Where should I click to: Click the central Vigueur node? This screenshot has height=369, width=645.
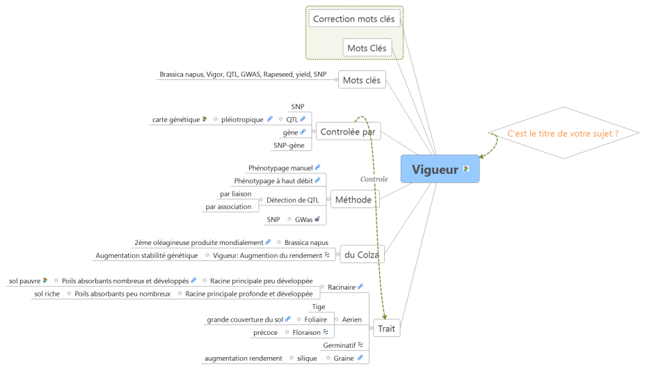click(x=435, y=169)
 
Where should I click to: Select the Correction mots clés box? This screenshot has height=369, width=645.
click(x=354, y=19)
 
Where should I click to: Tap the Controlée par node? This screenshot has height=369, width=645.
click(x=348, y=131)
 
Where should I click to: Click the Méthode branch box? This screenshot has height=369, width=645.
click(x=353, y=200)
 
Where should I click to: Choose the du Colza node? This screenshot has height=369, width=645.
click(x=361, y=255)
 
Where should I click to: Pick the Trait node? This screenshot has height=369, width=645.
click(x=387, y=328)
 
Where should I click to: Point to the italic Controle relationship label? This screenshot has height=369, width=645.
click(x=374, y=179)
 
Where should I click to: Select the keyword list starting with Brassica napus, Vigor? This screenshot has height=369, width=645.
click(x=243, y=74)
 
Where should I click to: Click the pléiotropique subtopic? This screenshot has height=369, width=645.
click(x=243, y=120)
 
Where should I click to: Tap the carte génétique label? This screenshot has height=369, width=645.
click(x=176, y=120)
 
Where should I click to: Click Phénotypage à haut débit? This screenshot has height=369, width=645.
click(x=273, y=180)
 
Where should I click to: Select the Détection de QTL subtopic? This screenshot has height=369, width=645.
click(x=292, y=200)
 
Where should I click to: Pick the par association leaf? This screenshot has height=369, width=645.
click(x=228, y=207)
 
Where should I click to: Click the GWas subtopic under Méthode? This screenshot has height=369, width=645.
click(x=303, y=219)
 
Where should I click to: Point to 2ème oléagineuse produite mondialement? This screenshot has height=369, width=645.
click(x=198, y=242)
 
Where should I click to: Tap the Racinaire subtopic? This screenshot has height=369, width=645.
click(x=341, y=286)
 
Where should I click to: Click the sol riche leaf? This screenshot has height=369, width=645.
click(x=47, y=294)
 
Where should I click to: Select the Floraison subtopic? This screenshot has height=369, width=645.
click(x=306, y=332)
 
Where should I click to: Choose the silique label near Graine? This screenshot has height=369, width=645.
click(x=307, y=358)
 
